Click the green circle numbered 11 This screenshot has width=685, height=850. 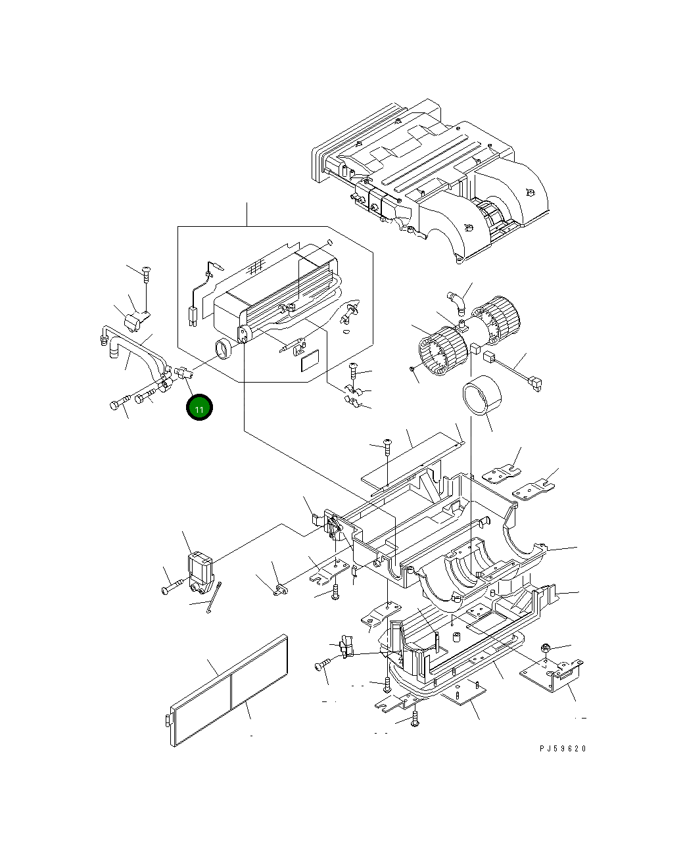coord(199,408)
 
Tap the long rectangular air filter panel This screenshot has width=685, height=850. coord(229,690)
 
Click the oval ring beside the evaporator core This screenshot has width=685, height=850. coord(224,350)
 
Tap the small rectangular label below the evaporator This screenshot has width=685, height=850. coord(309,362)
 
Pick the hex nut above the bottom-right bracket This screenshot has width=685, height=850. coord(546,649)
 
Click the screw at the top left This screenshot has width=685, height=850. coord(146,271)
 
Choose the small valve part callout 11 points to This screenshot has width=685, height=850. coord(181,375)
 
